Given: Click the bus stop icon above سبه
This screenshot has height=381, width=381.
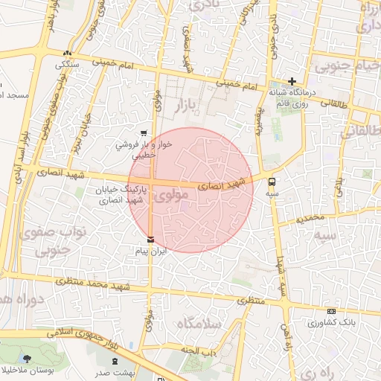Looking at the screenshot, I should [x=272, y=181].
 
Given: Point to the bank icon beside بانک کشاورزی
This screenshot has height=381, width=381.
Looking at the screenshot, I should [x=331, y=311].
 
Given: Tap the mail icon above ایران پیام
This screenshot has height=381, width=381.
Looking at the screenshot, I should [x=151, y=240].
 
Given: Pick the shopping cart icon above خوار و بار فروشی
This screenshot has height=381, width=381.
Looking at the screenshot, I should [x=143, y=133].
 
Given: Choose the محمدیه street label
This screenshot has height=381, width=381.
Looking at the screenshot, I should [x=310, y=220].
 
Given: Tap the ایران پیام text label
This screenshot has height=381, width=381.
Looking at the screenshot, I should [x=152, y=252].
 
